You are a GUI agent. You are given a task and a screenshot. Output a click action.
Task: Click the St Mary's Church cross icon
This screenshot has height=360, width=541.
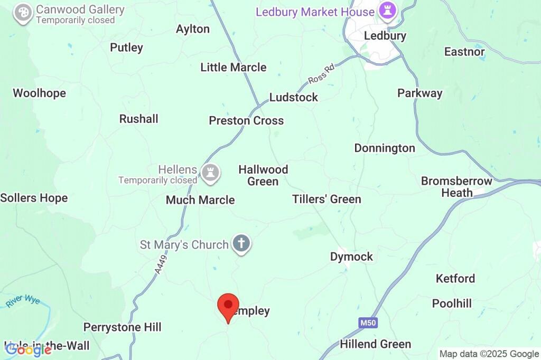point(241,244)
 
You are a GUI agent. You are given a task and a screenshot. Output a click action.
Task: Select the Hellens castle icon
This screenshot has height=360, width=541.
point(211,172)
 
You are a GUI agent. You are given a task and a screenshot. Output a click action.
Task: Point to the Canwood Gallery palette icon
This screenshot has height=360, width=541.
point(23,13)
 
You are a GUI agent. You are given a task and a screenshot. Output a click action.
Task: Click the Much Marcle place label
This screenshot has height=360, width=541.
point(200,200)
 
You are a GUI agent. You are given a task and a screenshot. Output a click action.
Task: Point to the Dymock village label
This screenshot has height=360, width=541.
point(351,257)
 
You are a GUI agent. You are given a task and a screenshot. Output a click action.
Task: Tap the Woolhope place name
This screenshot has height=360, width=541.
point(39,93)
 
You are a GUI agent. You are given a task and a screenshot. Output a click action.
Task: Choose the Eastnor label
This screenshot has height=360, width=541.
point(464,52)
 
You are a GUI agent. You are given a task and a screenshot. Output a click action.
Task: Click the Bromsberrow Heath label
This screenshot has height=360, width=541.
point(456,187)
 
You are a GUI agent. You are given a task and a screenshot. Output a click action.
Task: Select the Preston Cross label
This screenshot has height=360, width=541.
point(246,120)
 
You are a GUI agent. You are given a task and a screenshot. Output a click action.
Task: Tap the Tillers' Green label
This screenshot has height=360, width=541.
point(327,199)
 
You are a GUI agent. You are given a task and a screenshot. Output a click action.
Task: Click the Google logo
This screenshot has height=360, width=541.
point(28,349)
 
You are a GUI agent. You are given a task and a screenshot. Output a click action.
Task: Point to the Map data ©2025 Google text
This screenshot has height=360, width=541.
point(489,354)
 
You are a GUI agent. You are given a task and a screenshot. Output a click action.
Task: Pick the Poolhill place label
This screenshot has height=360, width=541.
point(452,304)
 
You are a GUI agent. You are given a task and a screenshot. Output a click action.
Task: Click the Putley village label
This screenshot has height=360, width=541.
point(126,48)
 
